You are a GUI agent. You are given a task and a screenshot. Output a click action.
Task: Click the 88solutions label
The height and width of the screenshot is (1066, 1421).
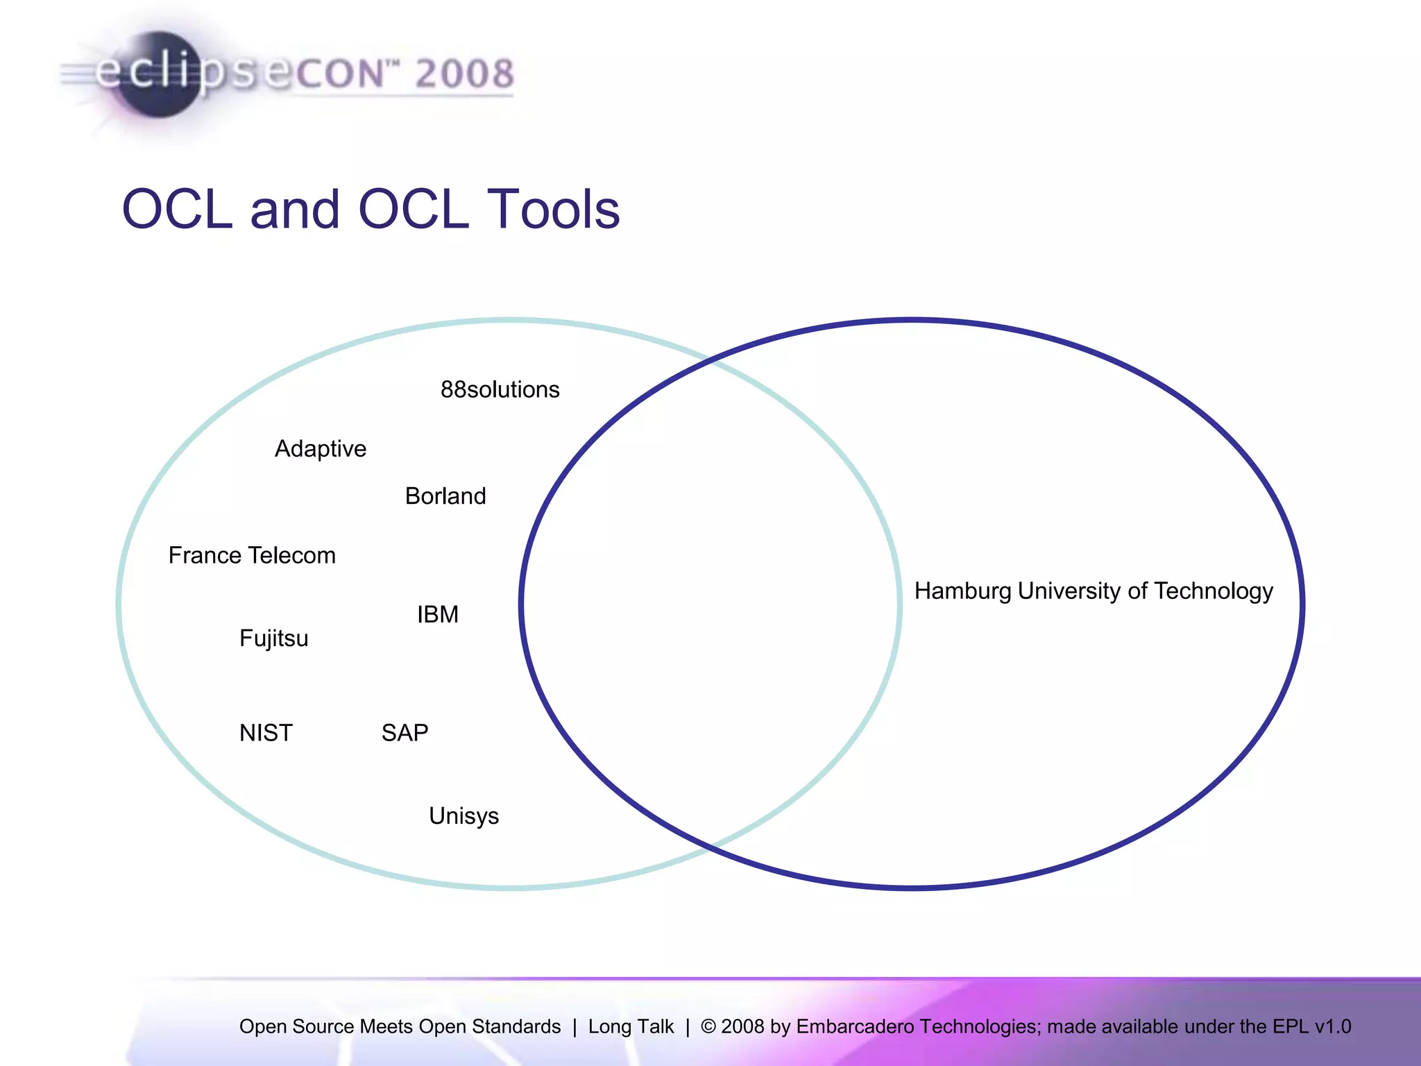[500, 389]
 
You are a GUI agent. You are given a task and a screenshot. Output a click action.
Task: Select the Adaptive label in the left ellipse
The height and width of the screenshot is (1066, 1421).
[320, 449]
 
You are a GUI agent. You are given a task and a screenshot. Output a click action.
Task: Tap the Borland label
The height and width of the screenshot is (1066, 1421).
[445, 496]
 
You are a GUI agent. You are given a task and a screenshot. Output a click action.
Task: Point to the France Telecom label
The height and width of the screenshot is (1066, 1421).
[252, 555]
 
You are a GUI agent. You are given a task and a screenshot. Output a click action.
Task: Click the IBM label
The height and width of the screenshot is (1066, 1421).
[438, 614]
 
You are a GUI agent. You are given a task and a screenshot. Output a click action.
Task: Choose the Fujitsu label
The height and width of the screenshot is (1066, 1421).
[273, 638]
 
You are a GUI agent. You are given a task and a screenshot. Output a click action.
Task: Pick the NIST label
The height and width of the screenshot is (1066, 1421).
[266, 733]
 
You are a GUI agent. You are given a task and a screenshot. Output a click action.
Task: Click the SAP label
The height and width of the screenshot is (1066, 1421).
[405, 733]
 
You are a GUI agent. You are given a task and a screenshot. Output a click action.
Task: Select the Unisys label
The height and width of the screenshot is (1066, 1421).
[463, 816]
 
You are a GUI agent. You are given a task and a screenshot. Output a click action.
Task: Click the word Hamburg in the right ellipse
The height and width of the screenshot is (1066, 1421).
[962, 591]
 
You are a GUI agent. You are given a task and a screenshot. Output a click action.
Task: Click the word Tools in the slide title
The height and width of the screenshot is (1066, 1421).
[552, 209]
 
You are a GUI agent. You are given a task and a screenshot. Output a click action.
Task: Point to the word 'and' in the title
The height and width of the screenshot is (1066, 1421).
[294, 209]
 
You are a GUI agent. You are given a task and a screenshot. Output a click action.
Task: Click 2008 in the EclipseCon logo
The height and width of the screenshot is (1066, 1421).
[464, 74]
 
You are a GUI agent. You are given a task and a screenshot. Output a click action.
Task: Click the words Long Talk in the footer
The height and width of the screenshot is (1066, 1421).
[631, 1026]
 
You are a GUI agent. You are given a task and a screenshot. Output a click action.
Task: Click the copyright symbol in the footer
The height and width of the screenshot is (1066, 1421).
[708, 1026]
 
